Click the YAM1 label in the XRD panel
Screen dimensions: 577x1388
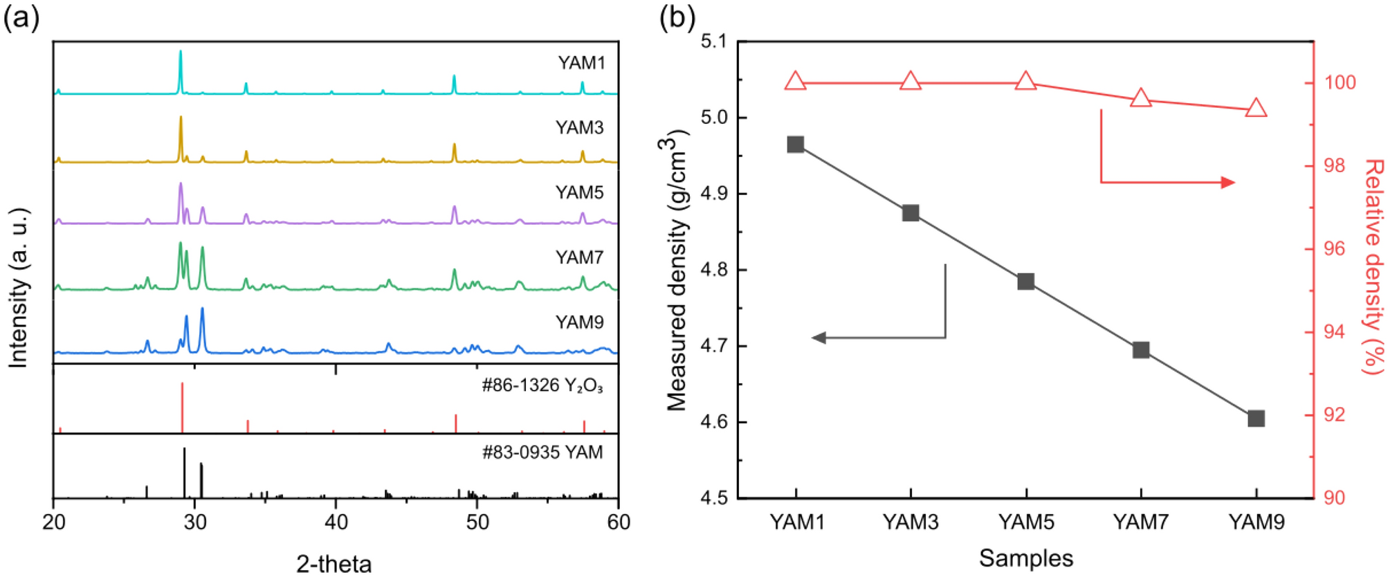point(581,63)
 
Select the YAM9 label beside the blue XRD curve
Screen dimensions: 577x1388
point(579,322)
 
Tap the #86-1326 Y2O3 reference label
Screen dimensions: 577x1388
point(542,385)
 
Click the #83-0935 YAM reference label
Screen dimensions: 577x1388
point(542,452)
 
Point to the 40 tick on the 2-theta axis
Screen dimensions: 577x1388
point(336,522)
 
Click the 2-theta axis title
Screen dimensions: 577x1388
point(334,564)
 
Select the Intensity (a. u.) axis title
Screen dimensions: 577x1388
point(19,287)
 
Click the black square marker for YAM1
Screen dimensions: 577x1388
point(796,145)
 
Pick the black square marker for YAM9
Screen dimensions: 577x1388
point(1257,419)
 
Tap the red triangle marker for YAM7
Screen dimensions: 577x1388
point(1141,99)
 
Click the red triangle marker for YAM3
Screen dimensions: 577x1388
point(911,82)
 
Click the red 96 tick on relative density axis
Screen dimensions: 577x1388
point(1335,249)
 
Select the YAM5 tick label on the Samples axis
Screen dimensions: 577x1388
point(1026,522)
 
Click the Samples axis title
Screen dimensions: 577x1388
point(1026,558)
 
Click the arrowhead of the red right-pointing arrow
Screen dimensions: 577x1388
point(1228,183)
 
